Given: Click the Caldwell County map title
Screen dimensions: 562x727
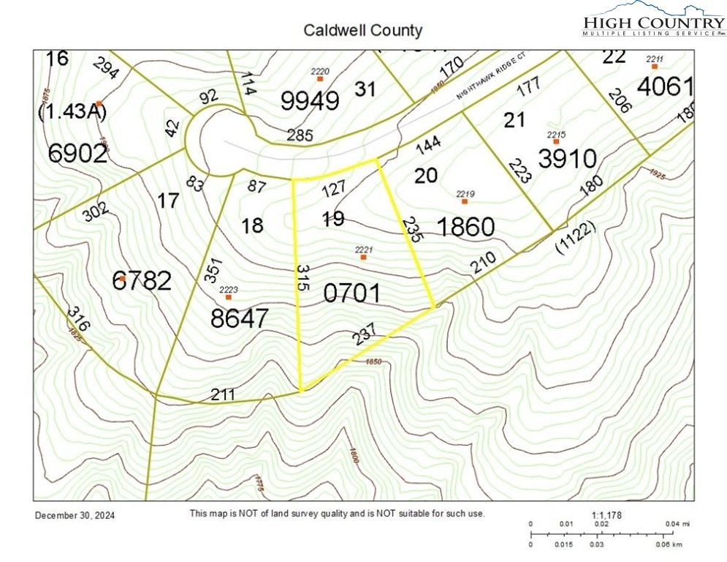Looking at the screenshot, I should tap(362, 31).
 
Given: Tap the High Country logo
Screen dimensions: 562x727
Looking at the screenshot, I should tap(653, 20).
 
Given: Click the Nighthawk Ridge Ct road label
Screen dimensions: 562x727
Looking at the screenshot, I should tap(498, 76).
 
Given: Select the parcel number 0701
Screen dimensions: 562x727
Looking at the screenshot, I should tap(352, 294).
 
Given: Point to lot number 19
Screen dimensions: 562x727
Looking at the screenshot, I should tap(332, 219).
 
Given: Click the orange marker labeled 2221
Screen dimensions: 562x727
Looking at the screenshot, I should tap(363, 257).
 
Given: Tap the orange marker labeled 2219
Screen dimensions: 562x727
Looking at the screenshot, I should tap(464, 201).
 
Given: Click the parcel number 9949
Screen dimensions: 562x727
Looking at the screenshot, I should tap(310, 100).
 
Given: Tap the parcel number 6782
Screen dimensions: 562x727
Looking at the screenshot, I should tap(143, 280).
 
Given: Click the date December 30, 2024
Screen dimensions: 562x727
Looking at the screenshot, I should tap(75, 515).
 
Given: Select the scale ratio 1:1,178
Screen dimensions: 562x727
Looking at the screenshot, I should tap(606, 515).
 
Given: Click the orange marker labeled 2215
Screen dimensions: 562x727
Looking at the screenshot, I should tap(556, 141).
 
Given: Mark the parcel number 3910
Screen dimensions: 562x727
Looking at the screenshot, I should tap(568, 158).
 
